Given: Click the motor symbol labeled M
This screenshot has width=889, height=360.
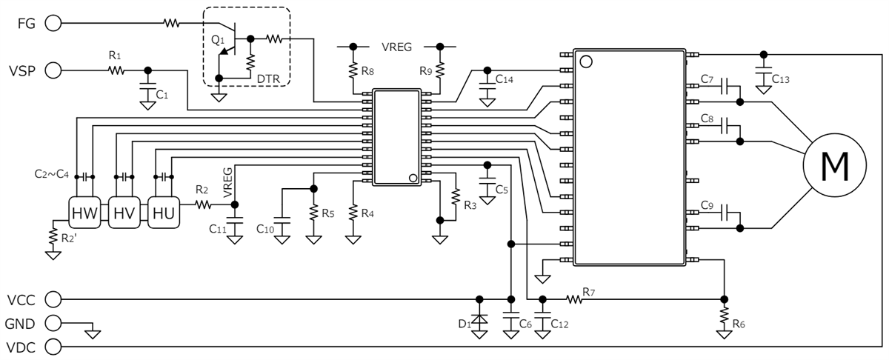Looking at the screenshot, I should click(x=835, y=167).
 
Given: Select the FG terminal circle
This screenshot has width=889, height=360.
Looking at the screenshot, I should click(x=53, y=23).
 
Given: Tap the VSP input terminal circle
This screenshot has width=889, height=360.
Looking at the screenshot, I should click(x=53, y=70).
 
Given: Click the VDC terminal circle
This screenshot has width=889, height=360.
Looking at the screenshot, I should click(x=53, y=346).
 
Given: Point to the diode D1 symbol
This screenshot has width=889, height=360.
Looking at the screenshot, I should click(x=479, y=322).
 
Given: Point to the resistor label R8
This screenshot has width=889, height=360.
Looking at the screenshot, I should click(x=368, y=72).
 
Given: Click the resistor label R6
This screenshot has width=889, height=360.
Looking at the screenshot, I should click(x=739, y=324).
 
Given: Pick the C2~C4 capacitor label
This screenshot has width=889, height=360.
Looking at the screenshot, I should click(x=51, y=175).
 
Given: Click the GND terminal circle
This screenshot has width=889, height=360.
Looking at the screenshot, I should click(x=53, y=323).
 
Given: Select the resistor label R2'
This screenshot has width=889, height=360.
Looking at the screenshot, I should click(x=68, y=237).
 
